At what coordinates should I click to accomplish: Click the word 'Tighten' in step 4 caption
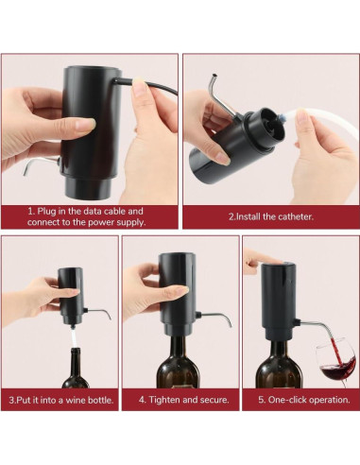coord(162,400)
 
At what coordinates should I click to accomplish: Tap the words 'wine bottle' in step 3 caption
coord(90,400)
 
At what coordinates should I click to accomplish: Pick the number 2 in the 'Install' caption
coord(231,215)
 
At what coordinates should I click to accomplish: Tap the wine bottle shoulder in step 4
coord(179,364)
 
